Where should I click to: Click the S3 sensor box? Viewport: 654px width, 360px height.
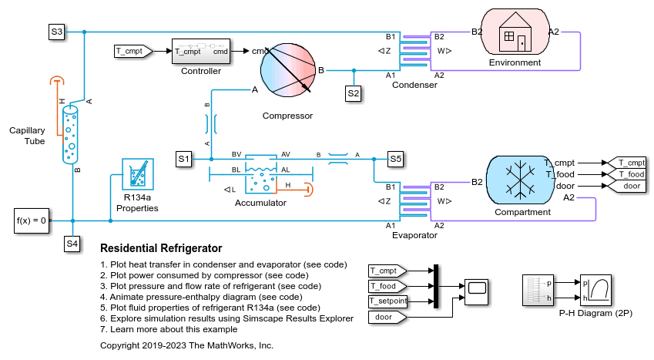tap(56, 32)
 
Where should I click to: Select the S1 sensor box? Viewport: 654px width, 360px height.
tap(183, 159)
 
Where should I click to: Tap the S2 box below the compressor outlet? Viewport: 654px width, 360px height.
tap(354, 93)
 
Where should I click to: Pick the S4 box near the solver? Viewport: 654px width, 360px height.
tap(72, 244)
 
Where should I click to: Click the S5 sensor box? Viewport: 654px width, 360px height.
tap(395, 159)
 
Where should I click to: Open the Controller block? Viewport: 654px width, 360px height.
tap(200, 52)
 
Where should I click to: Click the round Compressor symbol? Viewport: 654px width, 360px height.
tap(288, 69)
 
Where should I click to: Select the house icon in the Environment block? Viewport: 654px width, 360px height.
tap(515, 32)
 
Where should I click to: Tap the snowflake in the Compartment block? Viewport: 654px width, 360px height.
tap(520, 180)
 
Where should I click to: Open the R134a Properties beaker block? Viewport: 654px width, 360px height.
tap(138, 174)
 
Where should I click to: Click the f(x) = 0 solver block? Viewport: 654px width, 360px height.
tap(32, 220)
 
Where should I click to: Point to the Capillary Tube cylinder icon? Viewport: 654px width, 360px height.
tap(70, 135)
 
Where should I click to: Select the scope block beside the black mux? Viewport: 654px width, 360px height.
tap(476, 292)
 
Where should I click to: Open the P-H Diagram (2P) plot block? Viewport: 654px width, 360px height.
tap(595, 290)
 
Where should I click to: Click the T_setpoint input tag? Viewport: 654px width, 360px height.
tap(388, 301)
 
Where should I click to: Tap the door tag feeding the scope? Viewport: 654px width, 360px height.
tap(387, 318)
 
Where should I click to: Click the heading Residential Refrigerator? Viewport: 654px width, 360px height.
tap(161, 248)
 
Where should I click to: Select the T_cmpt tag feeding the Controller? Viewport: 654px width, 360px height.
tap(133, 52)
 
